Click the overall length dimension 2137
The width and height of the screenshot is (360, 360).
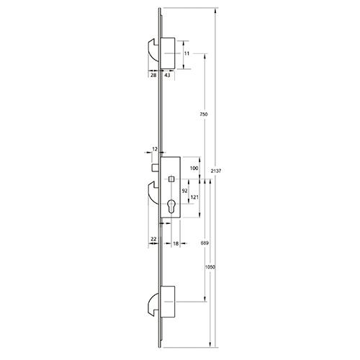click(217, 171)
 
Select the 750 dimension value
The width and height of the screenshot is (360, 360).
click(204, 115)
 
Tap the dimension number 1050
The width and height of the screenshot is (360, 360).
click(210, 266)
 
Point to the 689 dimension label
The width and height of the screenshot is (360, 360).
click(204, 244)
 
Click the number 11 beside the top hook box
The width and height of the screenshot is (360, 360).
click(186, 54)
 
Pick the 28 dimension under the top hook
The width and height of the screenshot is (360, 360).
click(153, 75)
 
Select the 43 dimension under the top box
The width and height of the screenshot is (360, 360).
click(166, 75)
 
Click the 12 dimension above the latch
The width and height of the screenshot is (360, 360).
click(155, 149)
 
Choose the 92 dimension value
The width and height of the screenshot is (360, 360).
click(184, 191)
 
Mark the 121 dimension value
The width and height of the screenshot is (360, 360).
click(194, 197)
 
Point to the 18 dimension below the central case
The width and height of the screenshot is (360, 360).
click(176, 243)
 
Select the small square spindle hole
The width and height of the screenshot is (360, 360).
click(172, 179)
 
